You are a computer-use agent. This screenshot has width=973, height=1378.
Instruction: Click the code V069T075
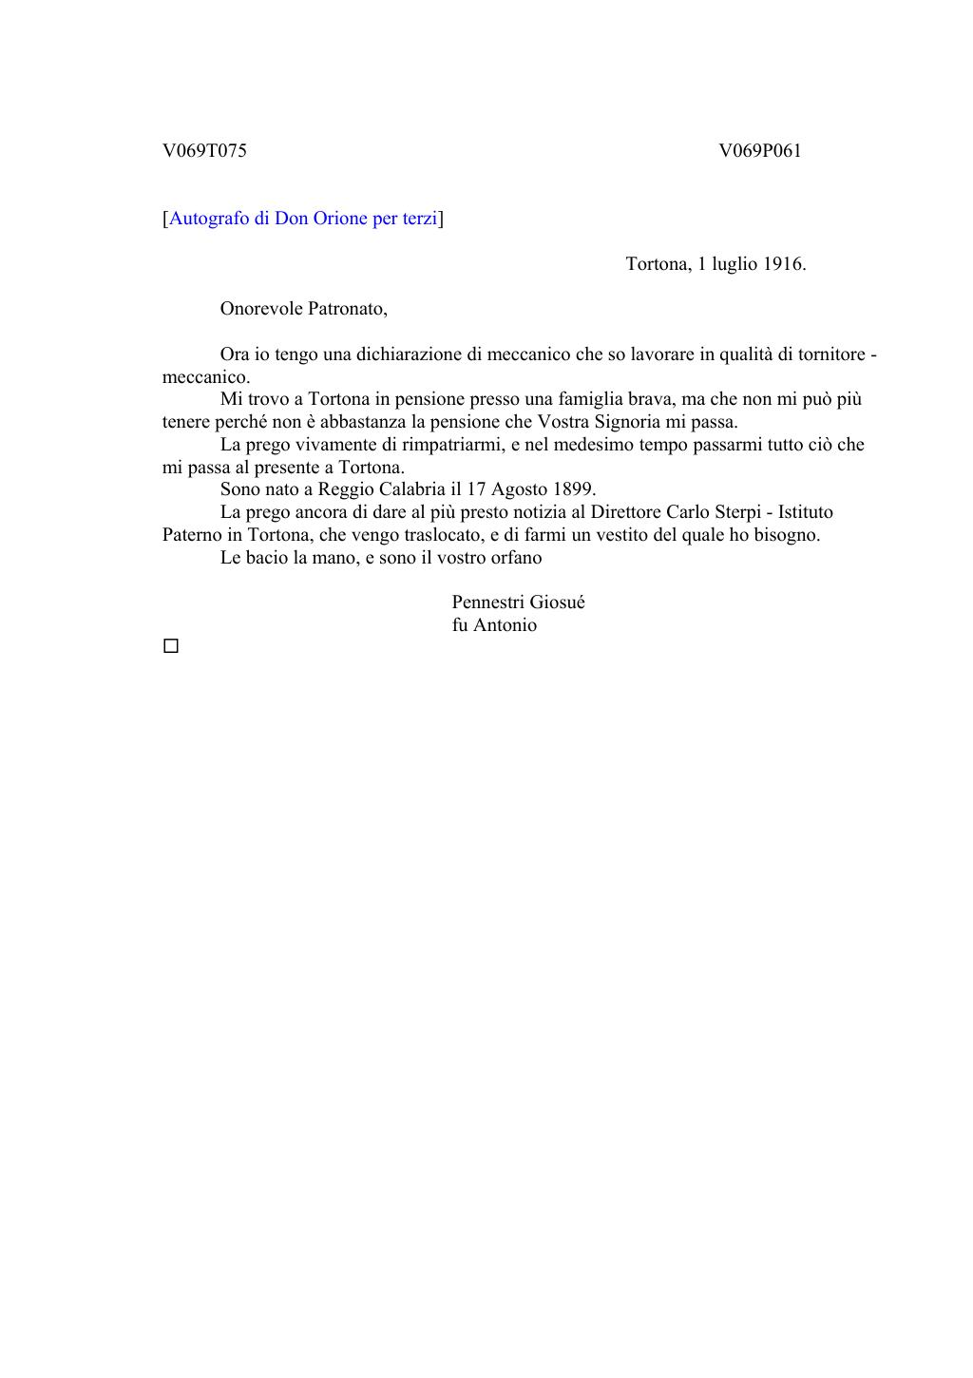pos(204,150)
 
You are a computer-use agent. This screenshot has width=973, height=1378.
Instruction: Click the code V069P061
pos(759,150)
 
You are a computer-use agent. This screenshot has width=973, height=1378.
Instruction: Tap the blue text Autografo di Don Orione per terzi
pos(303,219)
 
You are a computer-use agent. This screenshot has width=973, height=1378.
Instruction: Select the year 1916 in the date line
pos(784,264)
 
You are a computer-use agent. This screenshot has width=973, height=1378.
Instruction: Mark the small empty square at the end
pos(171,646)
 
